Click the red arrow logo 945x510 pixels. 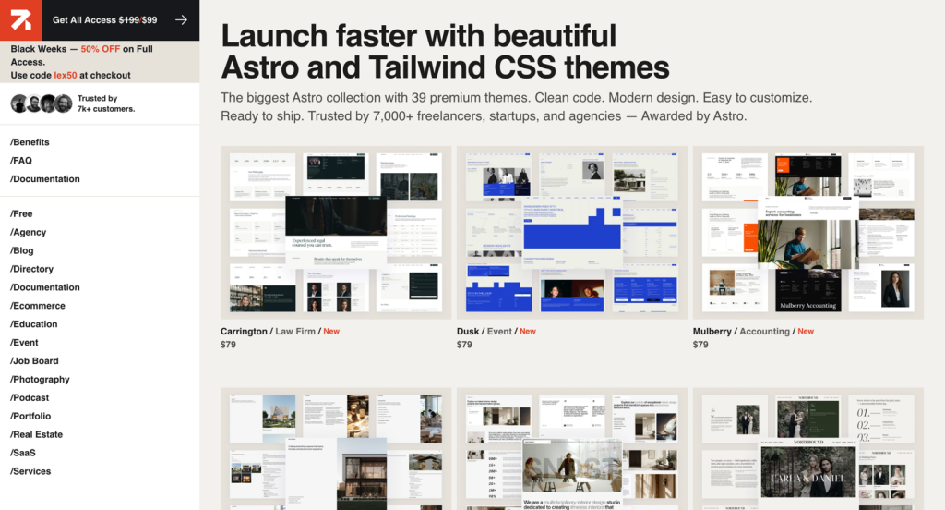[19, 19]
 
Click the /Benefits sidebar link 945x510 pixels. [30, 142]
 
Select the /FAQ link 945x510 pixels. [21, 161]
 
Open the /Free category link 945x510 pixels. [21, 214]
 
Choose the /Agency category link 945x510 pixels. [28, 233]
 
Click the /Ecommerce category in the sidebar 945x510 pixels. [38, 306]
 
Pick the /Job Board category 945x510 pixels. [34, 361]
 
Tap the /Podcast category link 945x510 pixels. [30, 398]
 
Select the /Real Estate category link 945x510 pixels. [36, 435]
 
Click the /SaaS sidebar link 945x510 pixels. [23, 453]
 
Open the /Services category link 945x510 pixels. [30, 471]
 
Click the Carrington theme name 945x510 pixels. [243, 331]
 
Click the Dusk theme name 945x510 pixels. [468, 331]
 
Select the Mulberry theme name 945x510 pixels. [712, 331]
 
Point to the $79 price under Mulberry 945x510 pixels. [700, 345]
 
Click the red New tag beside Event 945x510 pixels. [528, 331]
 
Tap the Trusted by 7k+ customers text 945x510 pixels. [106, 103]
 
